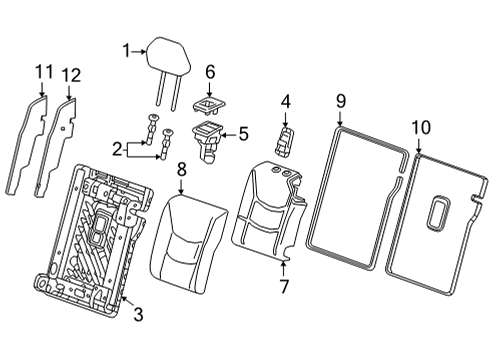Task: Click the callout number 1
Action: click(127, 49)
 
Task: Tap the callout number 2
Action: click(118, 149)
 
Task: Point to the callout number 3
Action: click(138, 316)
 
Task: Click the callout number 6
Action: click(210, 71)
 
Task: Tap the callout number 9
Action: click(340, 101)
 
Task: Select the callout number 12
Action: click(71, 74)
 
